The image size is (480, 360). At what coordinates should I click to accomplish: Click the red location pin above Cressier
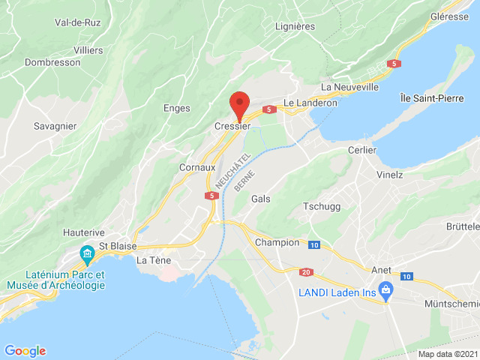(240, 105)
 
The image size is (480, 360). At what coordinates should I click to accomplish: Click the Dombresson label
(52, 63)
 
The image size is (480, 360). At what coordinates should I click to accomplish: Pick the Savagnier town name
(55, 126)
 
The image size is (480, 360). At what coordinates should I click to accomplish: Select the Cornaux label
(198, 168)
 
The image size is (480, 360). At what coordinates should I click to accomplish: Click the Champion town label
(277, 242)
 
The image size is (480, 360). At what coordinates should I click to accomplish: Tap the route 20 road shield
(306, 271)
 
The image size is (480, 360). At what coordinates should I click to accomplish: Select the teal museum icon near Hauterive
(86, 254)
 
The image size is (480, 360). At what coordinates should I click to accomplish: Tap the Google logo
(25, 350)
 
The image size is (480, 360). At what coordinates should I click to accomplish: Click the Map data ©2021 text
(447, 354)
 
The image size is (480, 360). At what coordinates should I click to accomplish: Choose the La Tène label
(153, 260)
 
